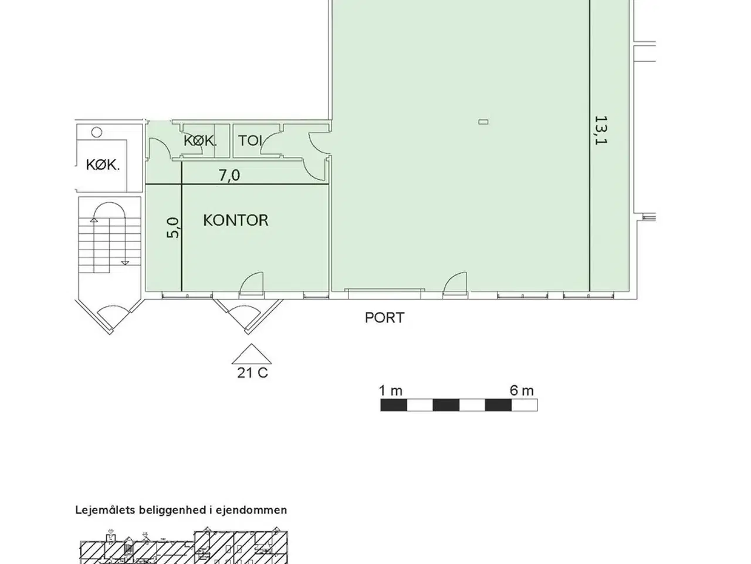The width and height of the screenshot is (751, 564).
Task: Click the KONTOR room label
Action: [236, 220]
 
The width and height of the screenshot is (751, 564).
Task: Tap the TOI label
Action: [250, 141]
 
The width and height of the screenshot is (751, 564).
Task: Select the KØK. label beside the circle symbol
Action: [103, 165]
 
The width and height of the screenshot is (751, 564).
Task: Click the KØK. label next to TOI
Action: [200, 141]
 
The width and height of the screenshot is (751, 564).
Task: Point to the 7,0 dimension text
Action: [229, 175]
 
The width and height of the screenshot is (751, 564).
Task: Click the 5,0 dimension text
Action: [172, 227]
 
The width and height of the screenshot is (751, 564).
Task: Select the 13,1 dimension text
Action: [601, 130]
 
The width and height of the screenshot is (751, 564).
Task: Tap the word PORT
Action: [384, 318]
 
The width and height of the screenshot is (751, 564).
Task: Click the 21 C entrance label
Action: [252, 373]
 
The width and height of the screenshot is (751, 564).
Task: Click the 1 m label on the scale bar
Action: [391, 391]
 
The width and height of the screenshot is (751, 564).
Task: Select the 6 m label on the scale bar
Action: [522, 391]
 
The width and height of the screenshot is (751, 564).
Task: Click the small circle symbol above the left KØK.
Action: [97, 132]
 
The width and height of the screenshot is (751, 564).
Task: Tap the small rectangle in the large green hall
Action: [483, 122]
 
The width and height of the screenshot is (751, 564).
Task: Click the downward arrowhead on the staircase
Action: [125, 263]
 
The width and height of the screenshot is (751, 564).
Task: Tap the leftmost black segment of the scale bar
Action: [394, 405]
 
